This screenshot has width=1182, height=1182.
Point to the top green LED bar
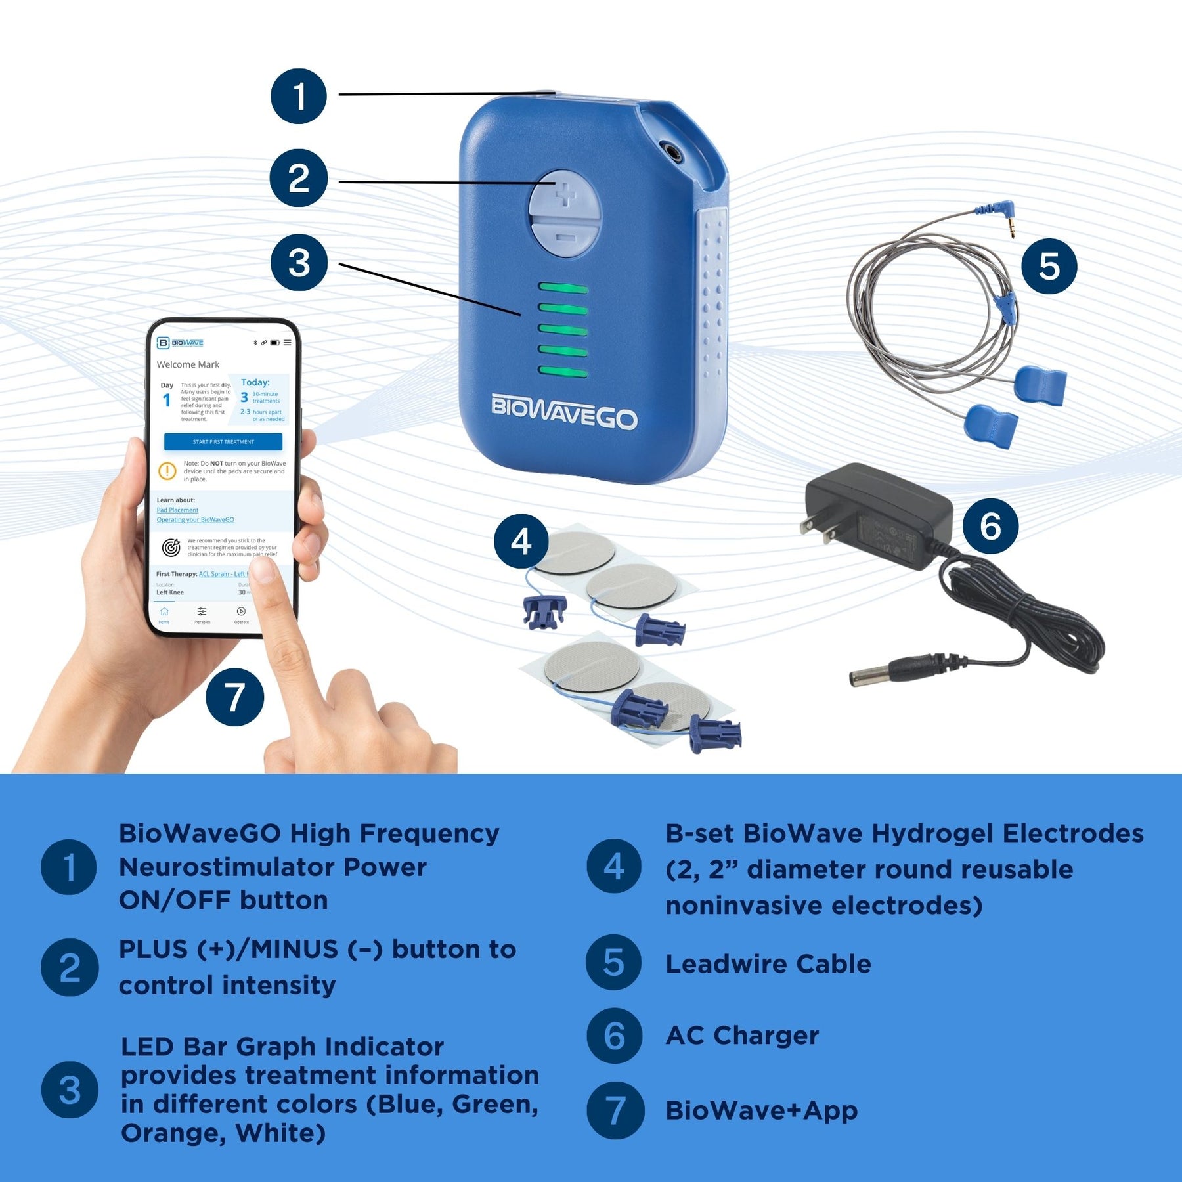point(563,288)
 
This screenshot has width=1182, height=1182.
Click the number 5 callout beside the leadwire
point(1049,266)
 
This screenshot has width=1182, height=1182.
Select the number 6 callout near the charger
point(990,525)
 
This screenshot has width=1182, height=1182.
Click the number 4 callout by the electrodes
point(521,542)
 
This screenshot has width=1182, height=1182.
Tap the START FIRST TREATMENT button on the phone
point(223,441)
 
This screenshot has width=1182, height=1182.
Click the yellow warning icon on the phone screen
point(167,471)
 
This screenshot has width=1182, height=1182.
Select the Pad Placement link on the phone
point(177,510)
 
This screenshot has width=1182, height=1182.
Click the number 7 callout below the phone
point(234,697)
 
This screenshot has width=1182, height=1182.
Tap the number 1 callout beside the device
point(299,97)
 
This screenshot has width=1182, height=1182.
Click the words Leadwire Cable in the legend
point(768,964)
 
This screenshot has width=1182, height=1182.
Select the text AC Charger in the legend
point(742,1036)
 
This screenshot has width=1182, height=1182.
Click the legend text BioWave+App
point(761,1110)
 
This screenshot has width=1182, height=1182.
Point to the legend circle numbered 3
point(70,1089)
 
